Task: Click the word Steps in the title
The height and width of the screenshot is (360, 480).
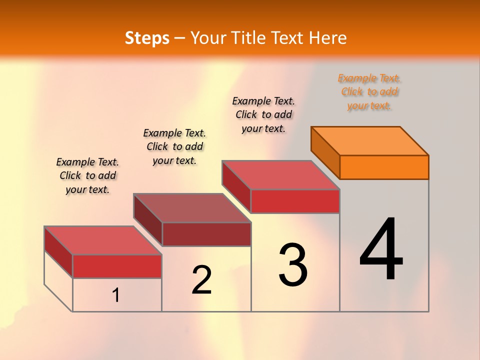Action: (147, 38)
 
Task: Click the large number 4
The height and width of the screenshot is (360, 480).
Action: (381, 250)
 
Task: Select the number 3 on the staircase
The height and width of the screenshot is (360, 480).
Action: (293, 265)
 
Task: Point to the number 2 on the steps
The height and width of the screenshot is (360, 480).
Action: (202, 280)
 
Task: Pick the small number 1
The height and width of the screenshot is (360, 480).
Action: (116, 295)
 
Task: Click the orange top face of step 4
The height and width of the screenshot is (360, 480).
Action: (370, 140)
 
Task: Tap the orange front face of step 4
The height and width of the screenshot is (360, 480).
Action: (384, 167)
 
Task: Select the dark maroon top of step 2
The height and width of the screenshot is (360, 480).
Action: (192, 207)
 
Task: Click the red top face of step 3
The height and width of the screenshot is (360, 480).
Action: (281, 174)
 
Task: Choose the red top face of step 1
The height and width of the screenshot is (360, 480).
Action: (103, 240)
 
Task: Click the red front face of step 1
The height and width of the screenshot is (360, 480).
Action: (117, 266)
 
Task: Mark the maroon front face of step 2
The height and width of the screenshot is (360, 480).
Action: (206, 234)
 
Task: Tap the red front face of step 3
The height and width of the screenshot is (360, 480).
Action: (295, 201)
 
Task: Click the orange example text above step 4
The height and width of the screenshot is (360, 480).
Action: (369, 92)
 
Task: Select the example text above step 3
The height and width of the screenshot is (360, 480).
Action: (263, 114)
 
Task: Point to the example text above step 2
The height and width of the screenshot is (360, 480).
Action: (174, 146)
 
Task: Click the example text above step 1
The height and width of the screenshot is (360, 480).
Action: (87, 175)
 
